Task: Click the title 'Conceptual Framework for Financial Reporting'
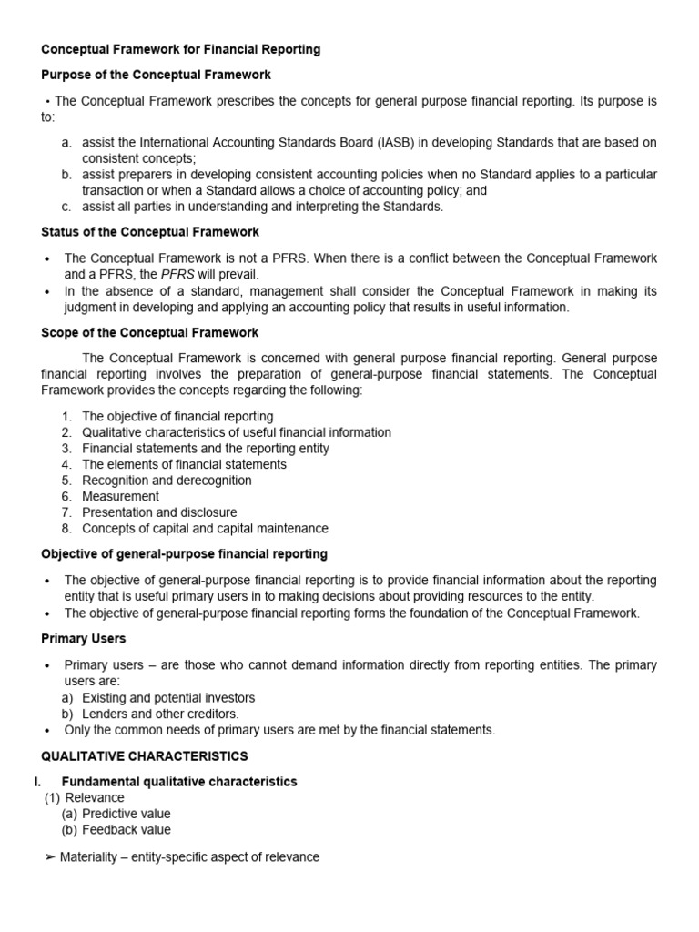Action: (x=181, y=48)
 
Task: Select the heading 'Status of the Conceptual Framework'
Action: (x=150, y=232)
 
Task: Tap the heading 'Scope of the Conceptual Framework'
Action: (x=149, y=332)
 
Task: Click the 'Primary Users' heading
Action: (x=84, y=639)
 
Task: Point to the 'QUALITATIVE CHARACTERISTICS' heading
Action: (x=145, y=756)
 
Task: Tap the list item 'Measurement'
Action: (x=120, y=496)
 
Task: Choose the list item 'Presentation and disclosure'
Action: (x=159, y=512)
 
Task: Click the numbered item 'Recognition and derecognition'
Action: (x=167, y=481)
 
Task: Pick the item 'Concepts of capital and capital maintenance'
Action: (x=205, y=528)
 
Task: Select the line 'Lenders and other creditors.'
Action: (x=160, y=714)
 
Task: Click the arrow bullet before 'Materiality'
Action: (x=49, y=857)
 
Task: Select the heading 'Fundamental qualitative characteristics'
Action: (x=178, y=782)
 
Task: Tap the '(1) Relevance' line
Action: (x=85, y=797)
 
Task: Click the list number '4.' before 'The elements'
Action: (x=66, y=464)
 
